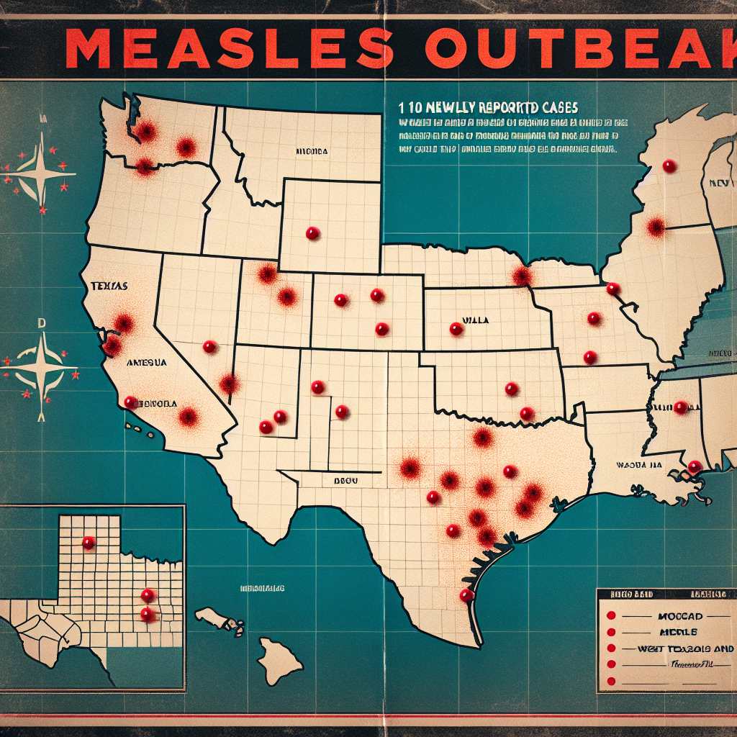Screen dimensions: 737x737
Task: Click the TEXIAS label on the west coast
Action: (109, 286)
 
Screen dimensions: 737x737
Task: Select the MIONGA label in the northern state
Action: (311, 152)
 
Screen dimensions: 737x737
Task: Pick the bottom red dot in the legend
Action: (610, 680)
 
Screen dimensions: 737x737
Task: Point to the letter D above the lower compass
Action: (42, 323)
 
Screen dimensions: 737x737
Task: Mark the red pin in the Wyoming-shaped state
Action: (312, 233)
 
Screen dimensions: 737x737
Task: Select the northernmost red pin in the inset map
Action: (89, 542)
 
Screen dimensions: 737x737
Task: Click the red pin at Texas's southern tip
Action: (466, 595)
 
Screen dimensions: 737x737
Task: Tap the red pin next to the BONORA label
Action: (131, 402)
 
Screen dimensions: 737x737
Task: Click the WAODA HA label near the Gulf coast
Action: (638, 465)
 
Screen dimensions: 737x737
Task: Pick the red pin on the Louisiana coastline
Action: (694, 466)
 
